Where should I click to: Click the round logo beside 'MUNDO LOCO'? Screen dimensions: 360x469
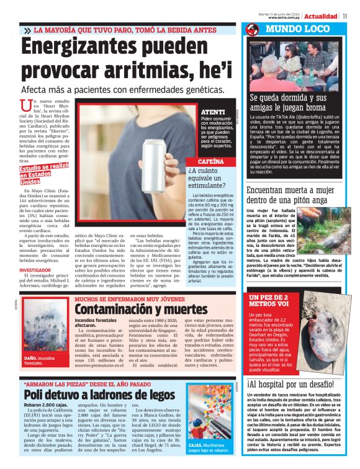[251, 29]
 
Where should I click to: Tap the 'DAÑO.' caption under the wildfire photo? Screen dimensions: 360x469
[32, 358]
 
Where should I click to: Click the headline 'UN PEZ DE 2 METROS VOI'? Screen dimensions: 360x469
[269, 300]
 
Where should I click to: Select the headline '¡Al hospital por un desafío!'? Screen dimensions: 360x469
[290, 385]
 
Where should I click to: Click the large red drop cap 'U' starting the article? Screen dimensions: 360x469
[25, 105]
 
